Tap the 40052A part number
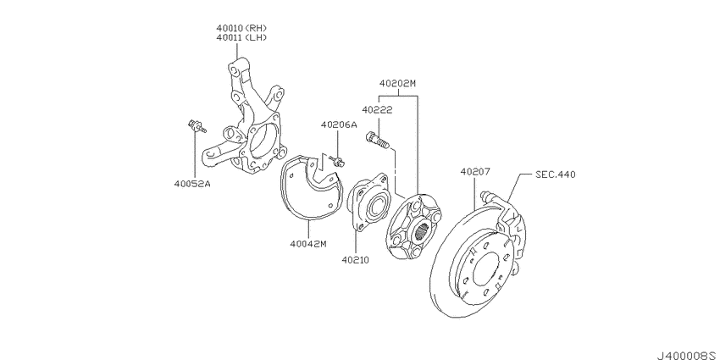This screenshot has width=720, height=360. coord(192,184)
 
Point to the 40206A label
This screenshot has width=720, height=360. coord(339,125)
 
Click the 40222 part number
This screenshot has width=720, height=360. coord(377,110)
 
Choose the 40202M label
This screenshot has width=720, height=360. coord(397,84)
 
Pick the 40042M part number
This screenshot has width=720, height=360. coord(308,244)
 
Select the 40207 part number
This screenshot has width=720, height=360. coord(475,172)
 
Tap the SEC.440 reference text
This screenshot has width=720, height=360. coord(555,174)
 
